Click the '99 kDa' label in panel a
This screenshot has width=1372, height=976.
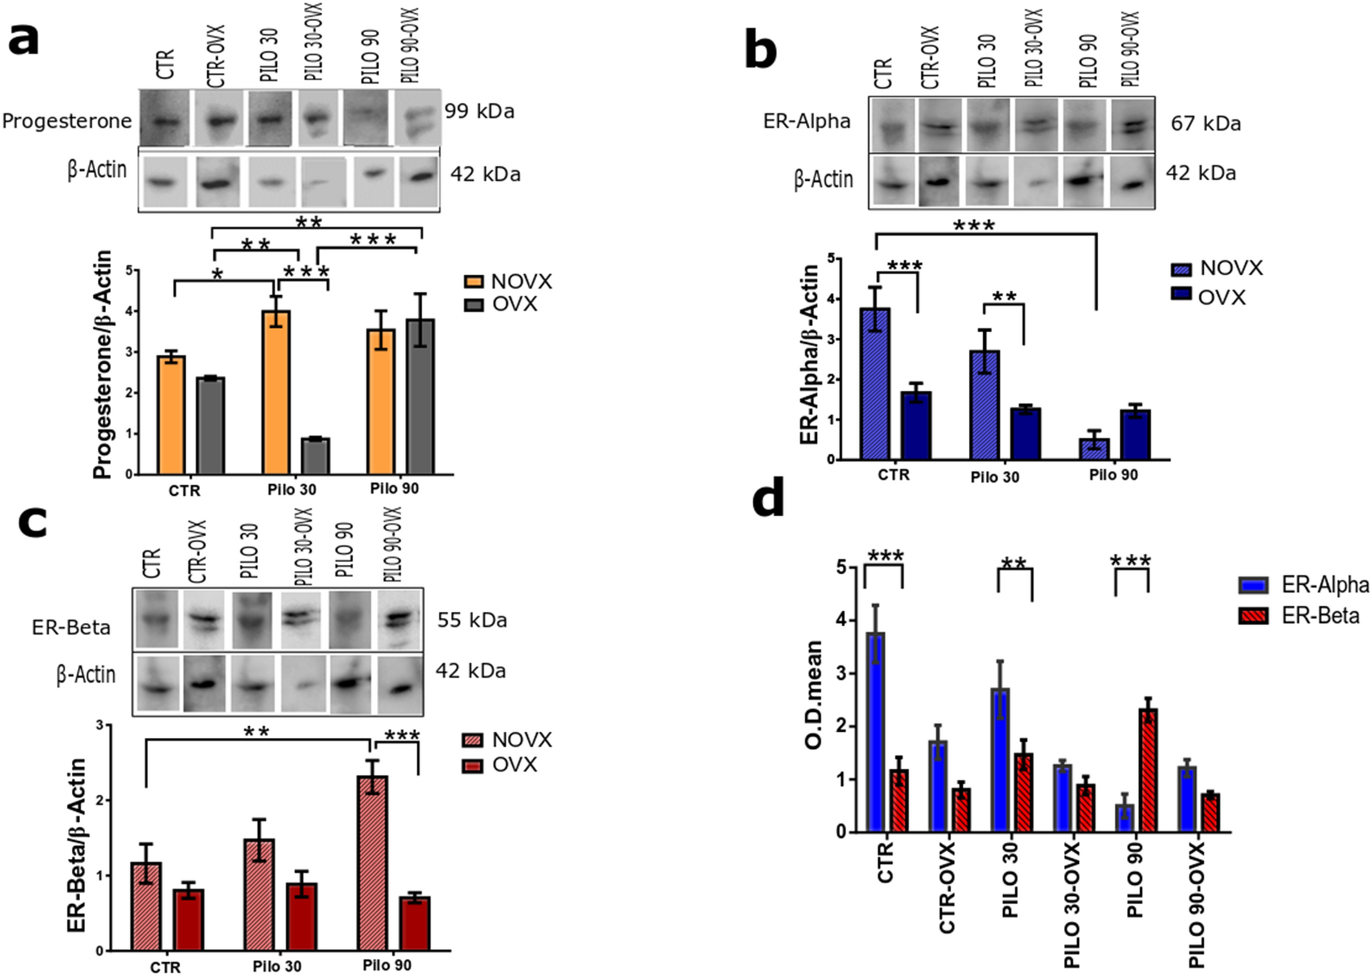pyautogui.click(x=479, y=111)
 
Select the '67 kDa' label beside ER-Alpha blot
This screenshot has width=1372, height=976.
pyautogui.click(x=1206, y=123)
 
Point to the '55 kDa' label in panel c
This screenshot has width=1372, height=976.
pyautogui.click(x=472, y=620)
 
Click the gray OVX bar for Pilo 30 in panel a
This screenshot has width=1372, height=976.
pyautogui.click(x=316, y=456)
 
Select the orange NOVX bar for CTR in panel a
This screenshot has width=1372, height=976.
pyautogui.click(x=171, y=415)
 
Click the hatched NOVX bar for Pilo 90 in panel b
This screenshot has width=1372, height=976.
pyautogui.click(x=1094, y=449)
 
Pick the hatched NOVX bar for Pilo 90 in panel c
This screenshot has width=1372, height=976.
pyautogui.click(x=372, y=862)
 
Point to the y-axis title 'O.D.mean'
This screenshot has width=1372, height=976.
pyautogui.click(x=813, y=694)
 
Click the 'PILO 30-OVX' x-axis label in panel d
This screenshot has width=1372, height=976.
pyautogui.click(x=1071, y=905)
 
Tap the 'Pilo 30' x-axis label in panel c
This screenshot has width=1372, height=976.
pyautogui.click(x=277, y=966)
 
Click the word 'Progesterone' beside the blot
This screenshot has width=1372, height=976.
pyautogui.click(x=66, y=121)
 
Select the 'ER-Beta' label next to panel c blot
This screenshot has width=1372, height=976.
pyautogui.click(x=71, y=627)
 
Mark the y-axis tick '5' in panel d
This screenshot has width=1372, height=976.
pyautogui.click(x=840, y=567)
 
